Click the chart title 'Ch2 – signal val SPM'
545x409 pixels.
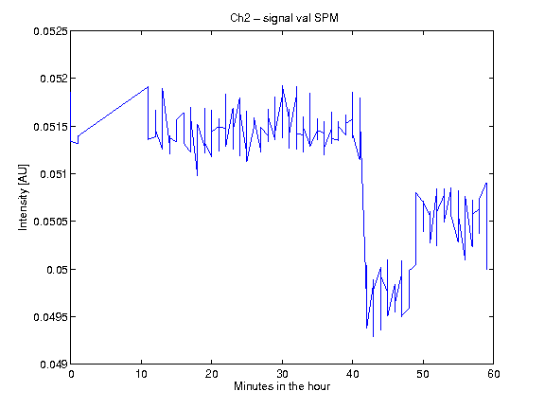284,18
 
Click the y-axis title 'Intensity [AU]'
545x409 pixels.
23,197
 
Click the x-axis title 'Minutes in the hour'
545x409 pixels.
282,386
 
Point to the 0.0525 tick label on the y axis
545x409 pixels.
50,31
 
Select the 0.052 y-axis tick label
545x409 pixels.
54,79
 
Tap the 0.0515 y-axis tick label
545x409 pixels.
50,127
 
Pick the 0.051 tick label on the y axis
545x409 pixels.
54,174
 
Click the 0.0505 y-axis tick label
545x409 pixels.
50,222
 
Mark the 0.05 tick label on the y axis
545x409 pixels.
57,270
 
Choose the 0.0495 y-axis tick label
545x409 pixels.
50,317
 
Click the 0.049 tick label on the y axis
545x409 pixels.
54,365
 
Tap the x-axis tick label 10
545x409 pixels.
141,374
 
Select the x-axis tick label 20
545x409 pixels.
211,374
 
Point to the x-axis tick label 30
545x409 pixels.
282,374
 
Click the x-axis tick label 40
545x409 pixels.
352,374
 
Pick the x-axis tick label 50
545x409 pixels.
423,374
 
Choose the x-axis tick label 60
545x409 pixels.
494,374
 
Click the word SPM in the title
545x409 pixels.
325,18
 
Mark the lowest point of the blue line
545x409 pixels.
374,336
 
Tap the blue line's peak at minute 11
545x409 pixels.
148,86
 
